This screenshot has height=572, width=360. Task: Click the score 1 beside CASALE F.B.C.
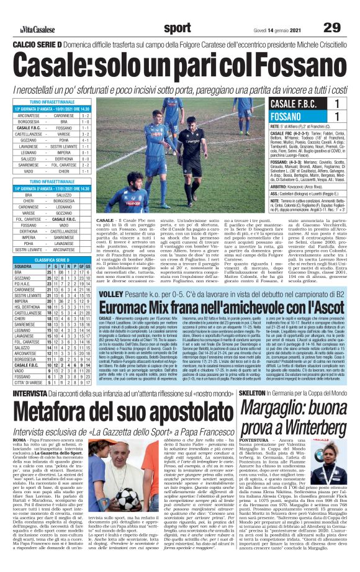[x=336, y=104]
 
